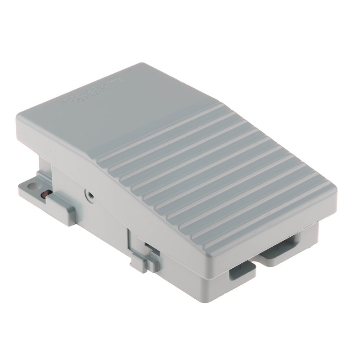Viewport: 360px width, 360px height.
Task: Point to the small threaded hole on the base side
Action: [90, 194]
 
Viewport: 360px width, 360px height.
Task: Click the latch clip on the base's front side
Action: [143, 261]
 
